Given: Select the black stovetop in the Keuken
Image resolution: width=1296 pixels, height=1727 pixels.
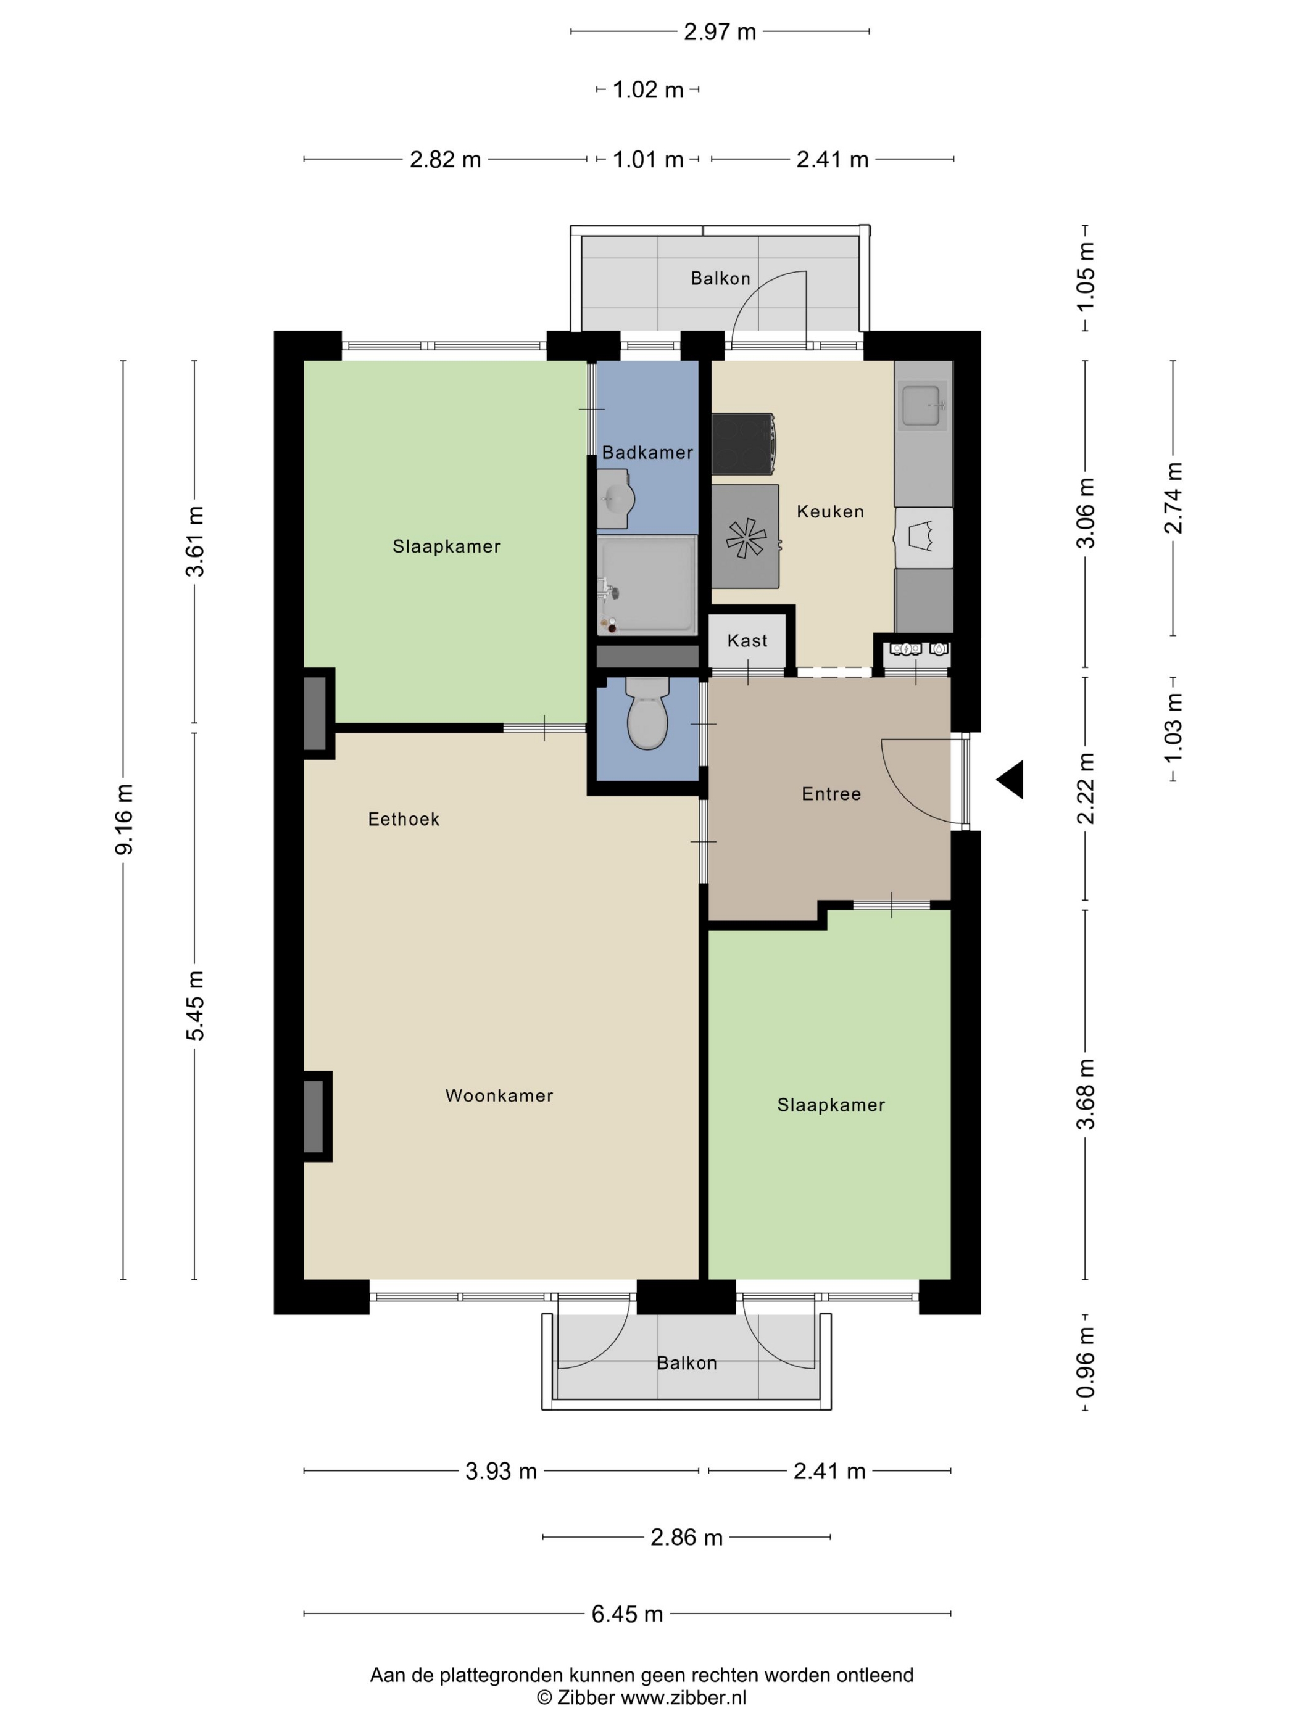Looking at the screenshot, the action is pos(743,443).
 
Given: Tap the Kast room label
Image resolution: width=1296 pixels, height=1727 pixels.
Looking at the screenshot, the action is pos(747,641).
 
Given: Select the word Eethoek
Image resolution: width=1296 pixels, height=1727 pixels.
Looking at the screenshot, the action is pos(404,819).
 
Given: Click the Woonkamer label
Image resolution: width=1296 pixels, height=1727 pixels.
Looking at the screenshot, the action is pos(499,1095).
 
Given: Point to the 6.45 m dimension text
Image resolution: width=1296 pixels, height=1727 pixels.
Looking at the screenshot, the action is pos(627,1614).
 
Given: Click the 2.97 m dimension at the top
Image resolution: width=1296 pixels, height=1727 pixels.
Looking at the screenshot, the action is pos(720,32).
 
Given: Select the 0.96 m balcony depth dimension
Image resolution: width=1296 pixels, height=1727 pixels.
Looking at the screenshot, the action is pos(1086,1362).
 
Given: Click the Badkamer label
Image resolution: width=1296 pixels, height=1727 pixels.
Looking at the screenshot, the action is pos(647,452).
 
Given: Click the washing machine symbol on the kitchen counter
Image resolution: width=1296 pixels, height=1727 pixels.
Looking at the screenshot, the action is pos(923,537).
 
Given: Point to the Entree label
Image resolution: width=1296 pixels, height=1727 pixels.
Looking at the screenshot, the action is pos(831,794).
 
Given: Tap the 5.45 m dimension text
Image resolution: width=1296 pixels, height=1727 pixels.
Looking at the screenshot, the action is pos(195,1005).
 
